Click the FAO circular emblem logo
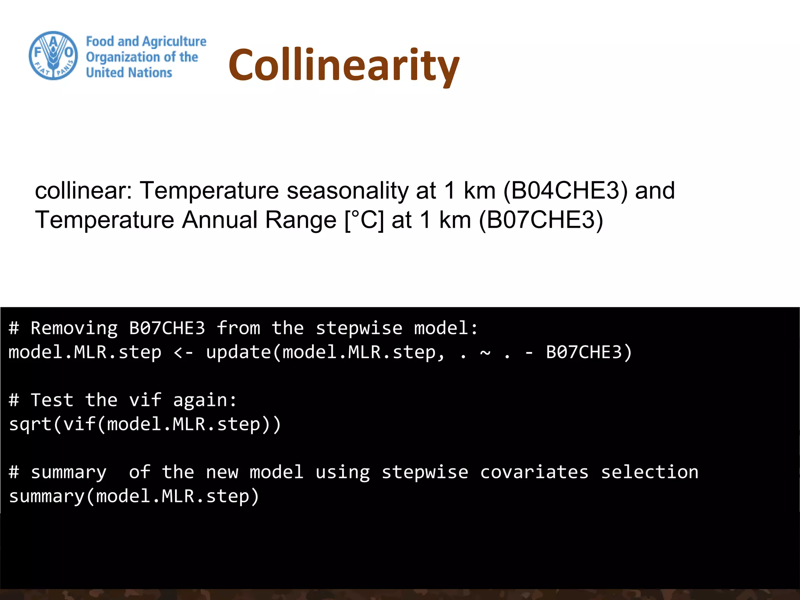[x=54, y=55]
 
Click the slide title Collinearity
[x=344, y=65]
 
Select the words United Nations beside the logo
[x=129, y=73]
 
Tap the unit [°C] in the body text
[x=364, y=220]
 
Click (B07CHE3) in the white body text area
[x=541, y=220]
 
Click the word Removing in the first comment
[x=74, y=328]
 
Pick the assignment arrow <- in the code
[x=183, y=352]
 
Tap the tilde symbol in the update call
[x=485, y=352]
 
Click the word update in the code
[x=238, y=352]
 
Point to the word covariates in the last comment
[x=534, y=472]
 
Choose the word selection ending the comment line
[x=649, y=472]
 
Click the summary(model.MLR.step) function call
[x=134, y=496]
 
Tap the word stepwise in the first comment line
[x=359, y=328]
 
